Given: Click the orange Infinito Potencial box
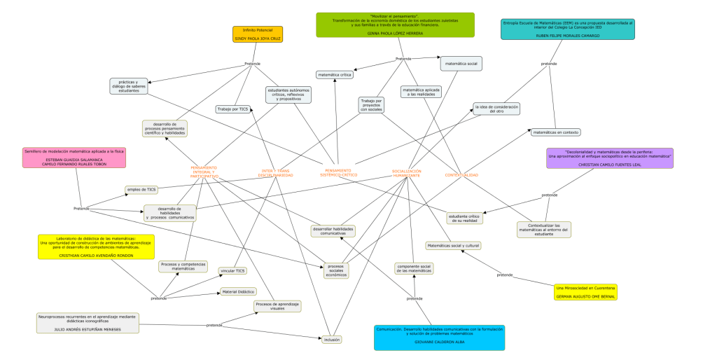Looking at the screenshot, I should point(258,34).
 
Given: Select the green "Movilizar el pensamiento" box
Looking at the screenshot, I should point(395,25).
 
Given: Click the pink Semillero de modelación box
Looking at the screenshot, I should point(74,157).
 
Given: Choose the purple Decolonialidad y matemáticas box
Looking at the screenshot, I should point(608,158).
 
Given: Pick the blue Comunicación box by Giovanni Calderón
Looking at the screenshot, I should point(438,337).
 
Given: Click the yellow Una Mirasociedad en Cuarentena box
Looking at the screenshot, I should point(585,292).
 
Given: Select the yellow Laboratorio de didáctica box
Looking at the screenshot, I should point(96,247).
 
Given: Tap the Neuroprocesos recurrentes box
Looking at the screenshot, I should point(88,322).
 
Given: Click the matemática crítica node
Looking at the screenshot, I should point(334,74).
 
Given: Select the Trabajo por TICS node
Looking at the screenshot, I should point(233,109).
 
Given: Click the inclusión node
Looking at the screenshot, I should point(332,339).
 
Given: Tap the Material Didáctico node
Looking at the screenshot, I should point(238,291).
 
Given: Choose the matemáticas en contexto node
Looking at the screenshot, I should point(555,132).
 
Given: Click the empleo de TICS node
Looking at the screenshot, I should point(141,189).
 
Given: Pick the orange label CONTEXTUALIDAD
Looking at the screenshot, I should point(461,174).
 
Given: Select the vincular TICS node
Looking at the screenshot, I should point(232,270).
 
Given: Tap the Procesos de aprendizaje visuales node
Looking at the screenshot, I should point(277,306).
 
